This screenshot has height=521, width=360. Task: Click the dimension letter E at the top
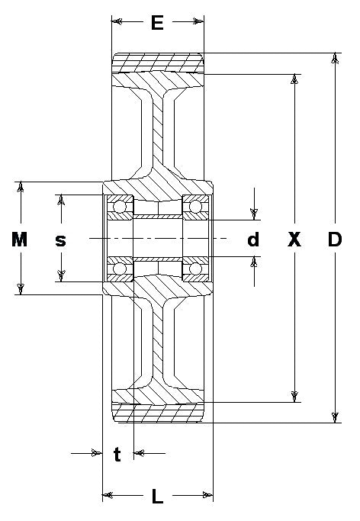pyautogui.click(x=157, y=23)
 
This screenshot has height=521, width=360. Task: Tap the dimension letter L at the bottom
pyautogui.click(x=157, y=496)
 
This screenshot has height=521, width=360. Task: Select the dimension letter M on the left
pyautogui.click(x=20, y=240)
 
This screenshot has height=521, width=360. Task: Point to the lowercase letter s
pyautogui.click(x=61, y=240)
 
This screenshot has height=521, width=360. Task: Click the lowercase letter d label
pyautogui.click(x=253, y=240)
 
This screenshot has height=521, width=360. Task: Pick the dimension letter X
pyautogui.click(x=294, y=240)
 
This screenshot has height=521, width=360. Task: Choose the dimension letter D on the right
pyautogui.click(x=335, y=240)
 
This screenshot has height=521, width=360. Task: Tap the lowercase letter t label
pyautogui.click(x=117, y=454)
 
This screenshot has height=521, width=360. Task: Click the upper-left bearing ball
pyautogui.click(x=120, y=207)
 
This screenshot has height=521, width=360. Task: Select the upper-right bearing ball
pyautogui.click(x=195, y=207)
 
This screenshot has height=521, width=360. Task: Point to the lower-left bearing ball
pyautogui.click(x=120, y=269)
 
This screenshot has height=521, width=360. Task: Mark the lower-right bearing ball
pyautogui.click(x=195, y=269)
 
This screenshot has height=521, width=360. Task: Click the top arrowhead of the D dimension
pyautogui.click(x=336, y=58)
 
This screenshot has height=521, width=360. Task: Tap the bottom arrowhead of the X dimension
pyautogui.click(x=294, y=397)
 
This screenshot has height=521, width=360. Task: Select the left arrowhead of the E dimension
pyautogui.click(x=117, y=22)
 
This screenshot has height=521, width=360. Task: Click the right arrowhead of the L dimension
pyautogui.click(x=207, y=495)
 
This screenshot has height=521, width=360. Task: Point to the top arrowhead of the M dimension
pyautogui.click(x=21, y=187)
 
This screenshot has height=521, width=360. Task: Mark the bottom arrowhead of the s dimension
pyautogui.click(x=61, y=276)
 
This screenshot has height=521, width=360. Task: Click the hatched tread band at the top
pyautogui.click(x=158, y=63)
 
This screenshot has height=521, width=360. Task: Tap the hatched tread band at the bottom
pyautogui.click(x=158, y=413)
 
